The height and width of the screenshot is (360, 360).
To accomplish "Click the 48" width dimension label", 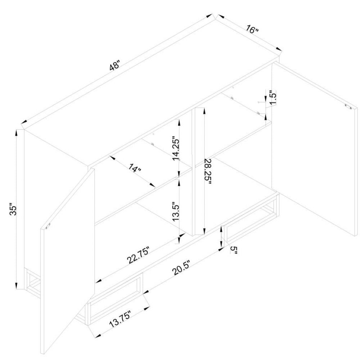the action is (114, 64).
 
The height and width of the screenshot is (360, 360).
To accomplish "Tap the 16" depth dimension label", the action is (252, 29).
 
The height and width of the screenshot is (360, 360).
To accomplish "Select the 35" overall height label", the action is (14, 209).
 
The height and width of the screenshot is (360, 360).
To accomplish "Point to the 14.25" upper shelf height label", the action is (176, 149).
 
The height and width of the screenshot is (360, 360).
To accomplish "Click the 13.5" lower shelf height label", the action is (176, 211).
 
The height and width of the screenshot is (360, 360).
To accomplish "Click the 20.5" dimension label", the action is (181, 268).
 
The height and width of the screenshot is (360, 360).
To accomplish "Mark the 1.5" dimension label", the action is (273, 97).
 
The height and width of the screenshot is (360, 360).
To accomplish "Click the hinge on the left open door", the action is (48, 227).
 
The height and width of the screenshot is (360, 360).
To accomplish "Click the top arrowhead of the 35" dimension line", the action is (16, 133).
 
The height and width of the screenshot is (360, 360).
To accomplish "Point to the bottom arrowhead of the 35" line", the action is (16, 286).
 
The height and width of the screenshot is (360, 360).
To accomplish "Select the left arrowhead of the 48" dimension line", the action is (24, 122).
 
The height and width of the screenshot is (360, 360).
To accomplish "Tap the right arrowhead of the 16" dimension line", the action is (279, 49).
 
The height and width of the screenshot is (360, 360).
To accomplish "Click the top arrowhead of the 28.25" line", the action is (204, 111).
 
